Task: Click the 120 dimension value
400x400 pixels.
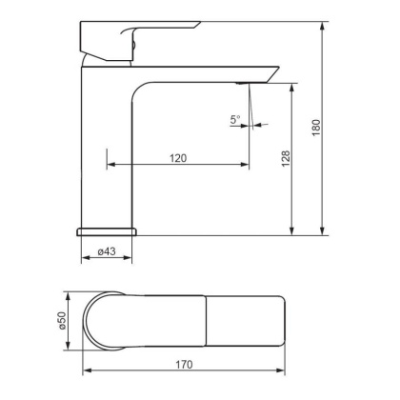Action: tap(177, 157)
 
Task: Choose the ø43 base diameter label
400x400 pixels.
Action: tap(106, 252)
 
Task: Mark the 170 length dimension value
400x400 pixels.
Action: tap(188, 364)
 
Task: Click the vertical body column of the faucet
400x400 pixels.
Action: tap(107, 152)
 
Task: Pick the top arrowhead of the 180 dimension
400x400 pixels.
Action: tap(326, 20)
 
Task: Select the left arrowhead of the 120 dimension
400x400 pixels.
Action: tap(109, 166)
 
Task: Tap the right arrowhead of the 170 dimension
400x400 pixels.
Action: tap(287, 371)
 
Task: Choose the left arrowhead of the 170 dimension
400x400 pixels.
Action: tap(87, 371)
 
